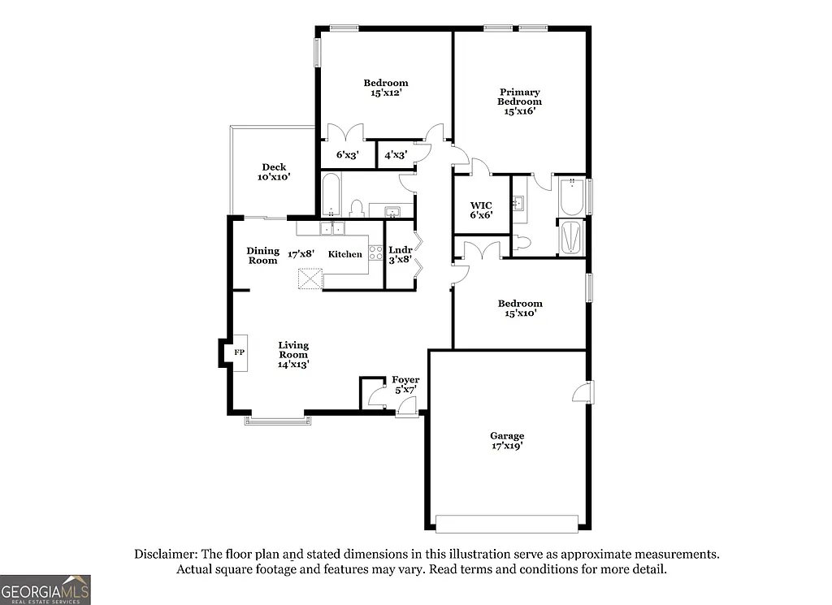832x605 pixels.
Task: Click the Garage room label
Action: (x=506, y=440)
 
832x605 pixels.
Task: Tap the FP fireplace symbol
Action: (x=239, y=352)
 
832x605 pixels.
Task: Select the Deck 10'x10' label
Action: (x=274, y=171)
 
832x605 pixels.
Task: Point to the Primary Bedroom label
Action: (x=519, y=102)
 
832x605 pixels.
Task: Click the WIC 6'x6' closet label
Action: (x=481, y=210)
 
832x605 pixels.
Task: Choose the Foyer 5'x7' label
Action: (x=405, y=384)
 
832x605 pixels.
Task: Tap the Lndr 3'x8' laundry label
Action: (x=400, y=254)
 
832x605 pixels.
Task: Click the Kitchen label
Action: (x=344, y=254)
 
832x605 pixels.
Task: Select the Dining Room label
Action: (x=262, y=255)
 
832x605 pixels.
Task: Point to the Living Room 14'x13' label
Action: (x=293, y=354)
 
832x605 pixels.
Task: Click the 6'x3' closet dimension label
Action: (x=348, y=154)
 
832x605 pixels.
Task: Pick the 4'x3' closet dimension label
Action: (x=396, y=154)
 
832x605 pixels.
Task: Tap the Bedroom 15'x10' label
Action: (x=519, y=307)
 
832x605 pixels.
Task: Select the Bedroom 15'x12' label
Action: (x=385, y=87)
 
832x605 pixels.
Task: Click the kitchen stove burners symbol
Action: (x=376, y=253)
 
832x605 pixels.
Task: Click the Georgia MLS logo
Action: (x=45, y=589)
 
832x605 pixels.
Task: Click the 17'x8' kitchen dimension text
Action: (x=302, y=254)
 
